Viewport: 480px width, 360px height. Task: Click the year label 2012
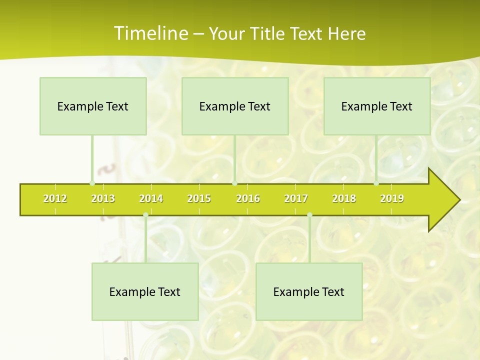coord(55,198)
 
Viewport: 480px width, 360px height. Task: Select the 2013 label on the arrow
coord(103,198)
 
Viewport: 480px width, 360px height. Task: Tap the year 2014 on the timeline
coord(151,198)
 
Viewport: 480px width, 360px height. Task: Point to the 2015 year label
coord(199,198)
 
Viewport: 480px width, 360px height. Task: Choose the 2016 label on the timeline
coord(248,198)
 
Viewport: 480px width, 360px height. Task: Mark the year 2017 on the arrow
coord(296,198)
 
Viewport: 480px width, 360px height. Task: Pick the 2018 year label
coord(344,198)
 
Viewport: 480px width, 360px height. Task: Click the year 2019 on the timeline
coord(392,198)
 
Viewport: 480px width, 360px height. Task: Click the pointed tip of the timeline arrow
coord(458,200)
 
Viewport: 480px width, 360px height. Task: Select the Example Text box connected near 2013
coord(93,106)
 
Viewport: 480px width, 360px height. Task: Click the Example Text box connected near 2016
coord(235,106)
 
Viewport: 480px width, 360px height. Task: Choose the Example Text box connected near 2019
coord(377,106)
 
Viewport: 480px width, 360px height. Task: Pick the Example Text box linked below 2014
coord(145,291)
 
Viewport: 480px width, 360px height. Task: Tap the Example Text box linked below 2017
coord(309,291)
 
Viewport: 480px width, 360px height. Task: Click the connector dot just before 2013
coord(92,183)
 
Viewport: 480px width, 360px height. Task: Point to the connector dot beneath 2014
coord(145,215)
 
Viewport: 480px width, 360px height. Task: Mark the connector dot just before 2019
coord(376,183)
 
